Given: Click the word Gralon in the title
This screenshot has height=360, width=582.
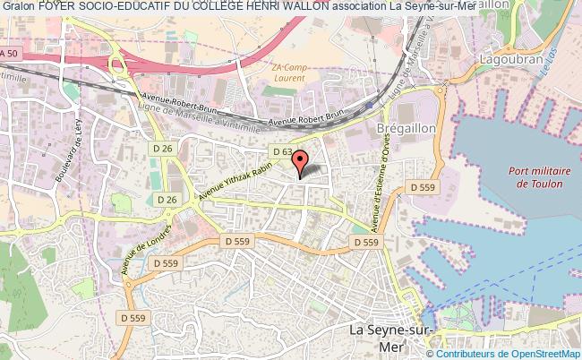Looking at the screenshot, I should (18, 7).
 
